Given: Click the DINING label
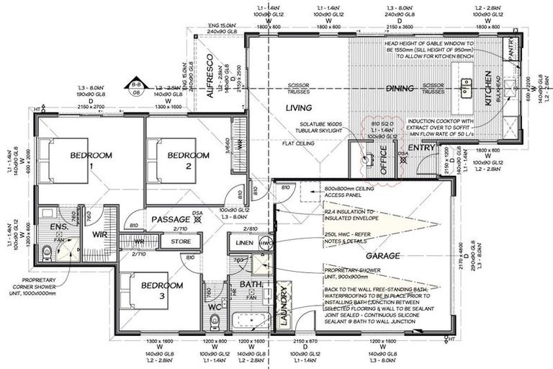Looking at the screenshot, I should [399, 89].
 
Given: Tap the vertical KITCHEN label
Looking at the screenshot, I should [487, 89].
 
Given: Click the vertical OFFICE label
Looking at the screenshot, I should [383, 160].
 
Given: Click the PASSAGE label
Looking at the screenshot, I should [169, 218].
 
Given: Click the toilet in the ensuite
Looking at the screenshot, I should [47, 251].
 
